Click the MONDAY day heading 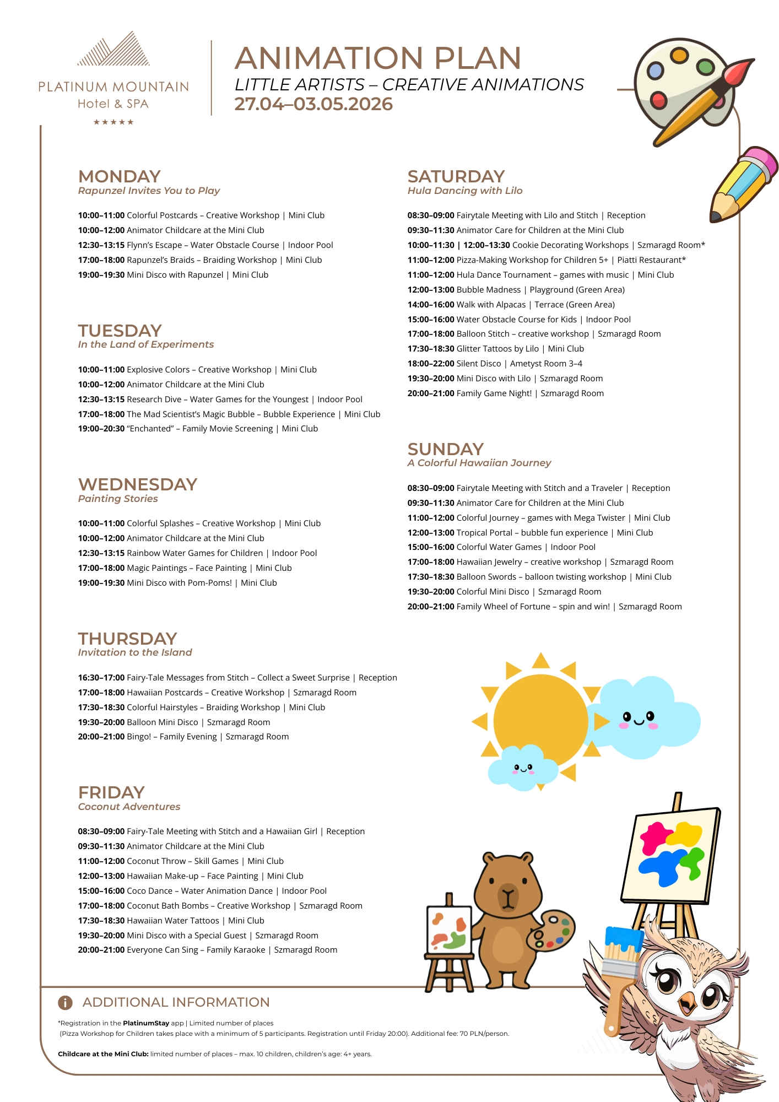(120, 176)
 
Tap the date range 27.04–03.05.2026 (313, 104)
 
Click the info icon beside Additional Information (65, 1002)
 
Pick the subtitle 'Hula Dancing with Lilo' (465, 191)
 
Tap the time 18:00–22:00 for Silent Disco (431, 364)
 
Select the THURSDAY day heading (127, 639)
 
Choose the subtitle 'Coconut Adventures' (129, 807)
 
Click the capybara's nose (508, 892)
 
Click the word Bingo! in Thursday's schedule (139, 737)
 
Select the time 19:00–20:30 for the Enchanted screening (101, 429)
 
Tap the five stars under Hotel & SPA (113, 122)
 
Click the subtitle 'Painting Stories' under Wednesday (118, 499)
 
